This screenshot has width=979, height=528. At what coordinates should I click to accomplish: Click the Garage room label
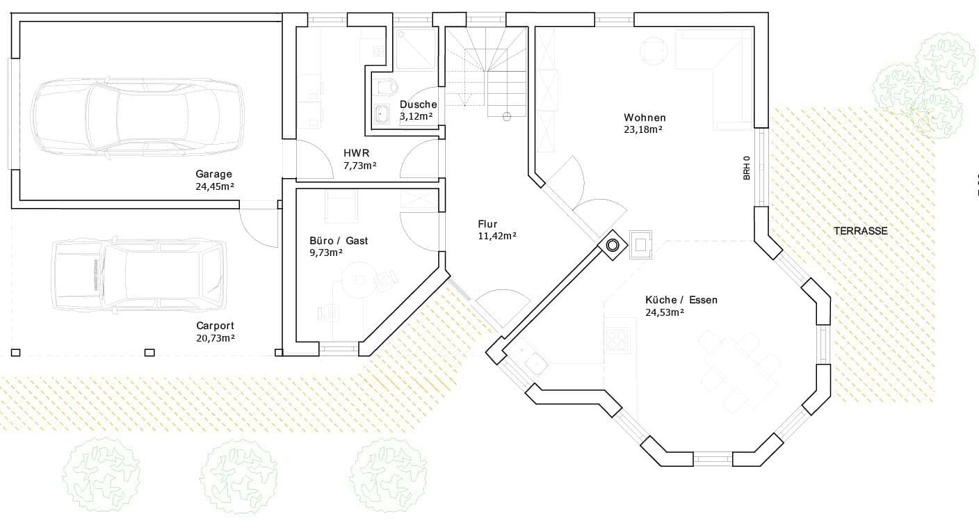213,174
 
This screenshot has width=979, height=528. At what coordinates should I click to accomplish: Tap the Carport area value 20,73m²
215,337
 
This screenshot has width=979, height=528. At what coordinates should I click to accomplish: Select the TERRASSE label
861,231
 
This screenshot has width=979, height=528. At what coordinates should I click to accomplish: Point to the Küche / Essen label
681,300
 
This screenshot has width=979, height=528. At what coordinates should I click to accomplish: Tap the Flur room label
487,224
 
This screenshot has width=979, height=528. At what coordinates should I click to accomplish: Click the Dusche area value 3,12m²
416,116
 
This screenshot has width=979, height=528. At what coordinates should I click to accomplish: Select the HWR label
356,153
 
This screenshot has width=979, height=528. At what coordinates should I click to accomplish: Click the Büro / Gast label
339,241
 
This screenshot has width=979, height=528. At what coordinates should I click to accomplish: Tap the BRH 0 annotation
747,168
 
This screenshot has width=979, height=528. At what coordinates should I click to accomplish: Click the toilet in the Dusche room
386,87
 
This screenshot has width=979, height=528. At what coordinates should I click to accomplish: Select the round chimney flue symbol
613,245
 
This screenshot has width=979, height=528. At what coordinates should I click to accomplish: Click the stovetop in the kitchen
617,339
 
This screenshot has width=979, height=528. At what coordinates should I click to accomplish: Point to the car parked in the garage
138,115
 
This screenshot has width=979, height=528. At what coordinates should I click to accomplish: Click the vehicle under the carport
140,275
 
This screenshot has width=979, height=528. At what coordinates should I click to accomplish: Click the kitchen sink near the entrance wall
535,362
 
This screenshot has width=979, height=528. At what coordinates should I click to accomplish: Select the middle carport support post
149,353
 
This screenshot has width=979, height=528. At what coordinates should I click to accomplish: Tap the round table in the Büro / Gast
359,280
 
